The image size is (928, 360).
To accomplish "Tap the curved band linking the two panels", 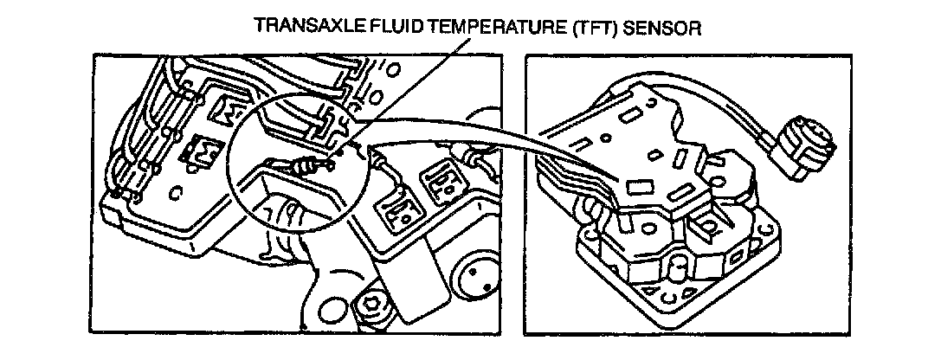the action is click(x=485, y=138).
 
